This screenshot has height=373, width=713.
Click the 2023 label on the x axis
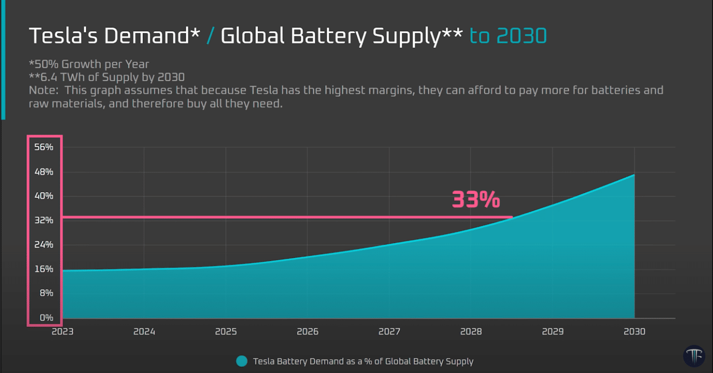point(63,332)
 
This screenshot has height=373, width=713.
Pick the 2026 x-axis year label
point(308,332)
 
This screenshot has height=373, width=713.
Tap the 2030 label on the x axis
point(634,332)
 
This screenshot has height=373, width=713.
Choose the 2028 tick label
point(471,332)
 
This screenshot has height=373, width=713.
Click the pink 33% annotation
point(476,200)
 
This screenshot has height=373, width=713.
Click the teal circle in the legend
point(241,361)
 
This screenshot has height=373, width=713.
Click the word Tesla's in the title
point(62,36)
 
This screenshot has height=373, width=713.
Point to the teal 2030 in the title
point(521,36)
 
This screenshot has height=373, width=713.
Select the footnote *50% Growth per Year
point(89,65)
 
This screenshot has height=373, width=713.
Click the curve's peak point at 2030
point(634,175)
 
